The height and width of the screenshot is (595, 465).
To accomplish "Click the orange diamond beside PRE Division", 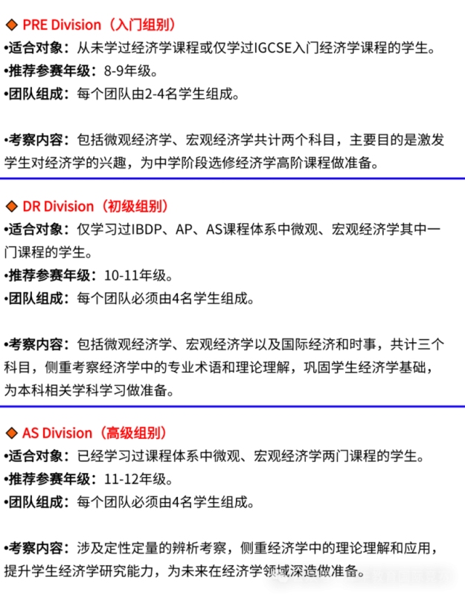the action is [x=12, y=25].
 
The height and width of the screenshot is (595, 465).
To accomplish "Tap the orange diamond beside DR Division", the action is [x=12, y=207].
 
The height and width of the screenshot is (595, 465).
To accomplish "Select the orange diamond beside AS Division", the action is [x=12, y=433].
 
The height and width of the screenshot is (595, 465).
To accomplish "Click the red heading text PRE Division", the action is [x=62, y=25].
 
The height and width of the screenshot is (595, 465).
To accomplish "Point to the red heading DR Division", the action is [x=58, y=207].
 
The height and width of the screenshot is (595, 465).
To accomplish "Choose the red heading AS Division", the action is [x=57, y=433].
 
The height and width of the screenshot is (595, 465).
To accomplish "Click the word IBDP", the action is [x=147, y=230].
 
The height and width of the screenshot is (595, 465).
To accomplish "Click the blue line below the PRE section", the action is [x=232, y=178].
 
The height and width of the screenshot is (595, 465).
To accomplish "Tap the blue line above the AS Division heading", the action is [x=232, y=406].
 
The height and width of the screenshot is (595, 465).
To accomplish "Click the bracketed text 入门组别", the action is [x=142, y=25].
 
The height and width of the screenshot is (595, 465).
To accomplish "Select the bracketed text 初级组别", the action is [x=135, y=207].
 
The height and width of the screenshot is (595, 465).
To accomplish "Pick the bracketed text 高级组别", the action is [x=134, y=433].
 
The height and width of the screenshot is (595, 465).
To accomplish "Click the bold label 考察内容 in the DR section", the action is [x=36, y=344].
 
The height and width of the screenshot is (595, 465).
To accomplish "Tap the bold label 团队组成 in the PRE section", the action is [x=36, y=94].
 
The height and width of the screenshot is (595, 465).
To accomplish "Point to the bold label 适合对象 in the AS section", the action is [x=36, y=456].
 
